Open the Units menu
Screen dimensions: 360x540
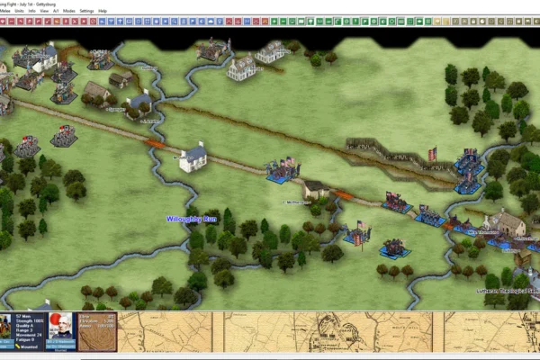[20, 11]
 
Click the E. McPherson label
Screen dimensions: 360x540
[297, 202]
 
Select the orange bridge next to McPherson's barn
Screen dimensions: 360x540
[343, 194]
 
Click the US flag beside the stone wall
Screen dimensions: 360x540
[432, 155]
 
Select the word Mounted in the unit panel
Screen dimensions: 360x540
[27, 347]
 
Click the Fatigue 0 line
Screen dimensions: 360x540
[24, 341]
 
